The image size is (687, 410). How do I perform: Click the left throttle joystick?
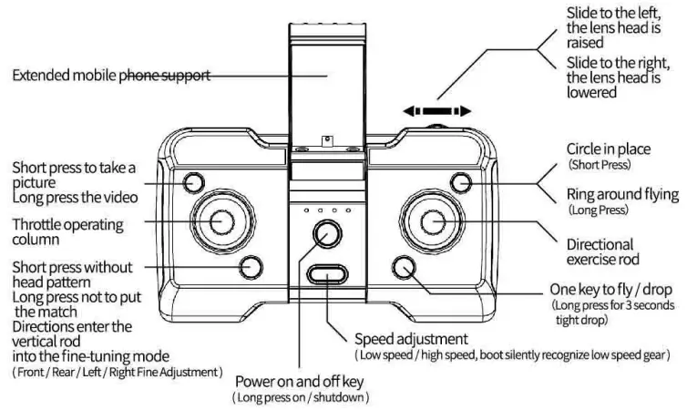pos(220,220)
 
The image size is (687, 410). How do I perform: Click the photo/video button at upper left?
pos(193,181)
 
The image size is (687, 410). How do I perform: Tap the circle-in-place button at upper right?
pos(462,182)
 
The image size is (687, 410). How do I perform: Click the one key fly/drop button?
pos(405,266)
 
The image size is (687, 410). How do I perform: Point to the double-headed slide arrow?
pos(437,111)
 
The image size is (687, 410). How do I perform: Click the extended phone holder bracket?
pos(326,82)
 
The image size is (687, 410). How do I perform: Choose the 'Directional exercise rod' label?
pos(600,251)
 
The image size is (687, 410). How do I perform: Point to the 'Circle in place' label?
pos(605,149)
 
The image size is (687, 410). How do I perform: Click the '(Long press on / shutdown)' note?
pos(302,398)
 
